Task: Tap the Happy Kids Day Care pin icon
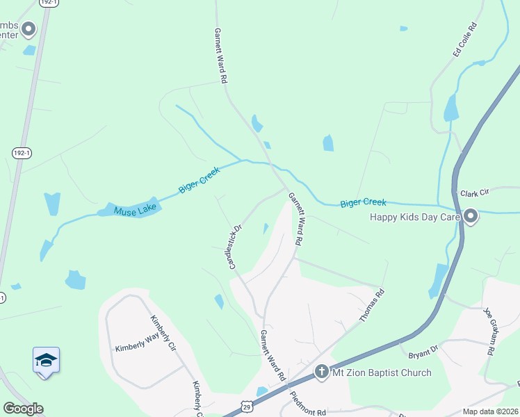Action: [x=471, y=217]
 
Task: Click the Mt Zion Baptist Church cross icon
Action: [x=321, y=372]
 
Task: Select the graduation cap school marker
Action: [x=46, y=360]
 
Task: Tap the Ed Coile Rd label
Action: [x=465, y=40]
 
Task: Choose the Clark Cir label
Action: [x=475, y=192]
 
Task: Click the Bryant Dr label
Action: [x=423, y=348]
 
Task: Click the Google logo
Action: [x=23, y=409]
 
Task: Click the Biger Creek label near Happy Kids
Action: [x=363, y=203]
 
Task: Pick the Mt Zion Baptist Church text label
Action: [x=381, y=373]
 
